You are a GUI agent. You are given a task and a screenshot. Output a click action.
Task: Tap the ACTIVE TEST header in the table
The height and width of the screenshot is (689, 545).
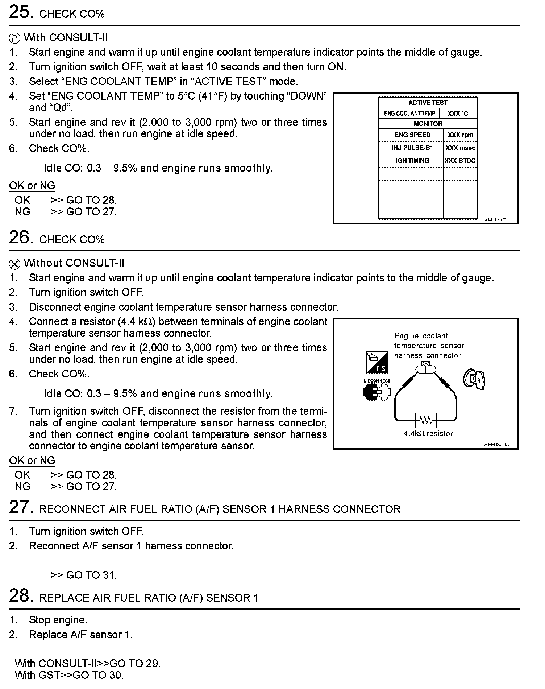tap(428, 103)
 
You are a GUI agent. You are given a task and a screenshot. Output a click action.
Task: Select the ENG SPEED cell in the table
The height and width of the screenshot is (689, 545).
tap(412, 135)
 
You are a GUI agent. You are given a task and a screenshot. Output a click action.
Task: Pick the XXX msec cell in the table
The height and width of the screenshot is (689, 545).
tap(460, 148)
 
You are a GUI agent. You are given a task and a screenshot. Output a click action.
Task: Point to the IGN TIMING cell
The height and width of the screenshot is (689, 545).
tap(412, 161)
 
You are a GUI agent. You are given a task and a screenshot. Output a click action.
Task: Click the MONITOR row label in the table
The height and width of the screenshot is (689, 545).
tap(428, 124)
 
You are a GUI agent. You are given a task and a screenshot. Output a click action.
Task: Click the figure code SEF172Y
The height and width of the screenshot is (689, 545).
tap(495, 219)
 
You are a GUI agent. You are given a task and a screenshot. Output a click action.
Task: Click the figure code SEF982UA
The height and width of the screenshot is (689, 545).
tap(496, 445)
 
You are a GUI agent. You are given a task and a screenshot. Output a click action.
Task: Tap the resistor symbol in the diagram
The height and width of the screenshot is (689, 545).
tap(426, 420)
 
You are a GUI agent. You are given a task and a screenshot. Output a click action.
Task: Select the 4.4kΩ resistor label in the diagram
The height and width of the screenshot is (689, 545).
tap(428, 433)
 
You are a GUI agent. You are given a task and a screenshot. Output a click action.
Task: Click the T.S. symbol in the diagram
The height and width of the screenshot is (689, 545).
tap(377, 363)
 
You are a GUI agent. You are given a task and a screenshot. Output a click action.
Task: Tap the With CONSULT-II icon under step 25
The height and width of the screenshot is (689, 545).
tap(14, 38)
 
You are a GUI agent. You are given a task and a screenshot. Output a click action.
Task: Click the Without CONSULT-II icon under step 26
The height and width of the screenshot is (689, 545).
tap(14, 264)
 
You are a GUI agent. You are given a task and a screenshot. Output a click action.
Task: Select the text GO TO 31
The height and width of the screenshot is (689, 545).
tap(91, 575)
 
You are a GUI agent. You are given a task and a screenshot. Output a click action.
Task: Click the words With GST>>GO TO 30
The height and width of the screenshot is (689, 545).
tap(69, 675)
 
